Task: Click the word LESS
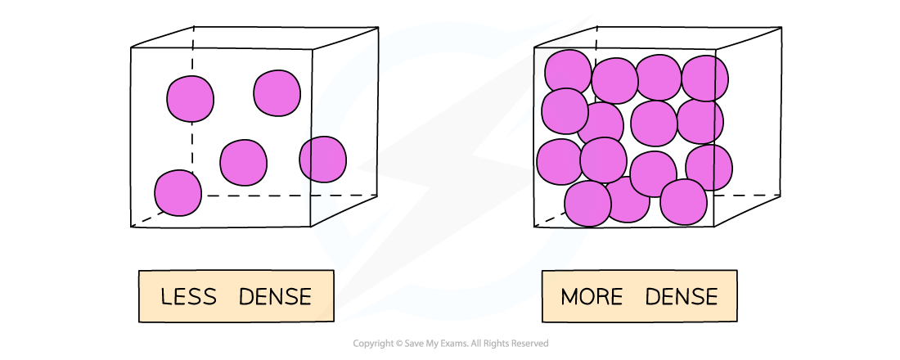pos(188,296)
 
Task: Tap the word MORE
pos(591,296)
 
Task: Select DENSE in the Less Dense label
pos(275,296)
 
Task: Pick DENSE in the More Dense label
pos(681,296)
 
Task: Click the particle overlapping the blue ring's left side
pos(322,159)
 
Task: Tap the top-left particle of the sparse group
pos(190,99)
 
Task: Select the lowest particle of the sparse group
pos(178,193)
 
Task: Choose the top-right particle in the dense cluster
pos(704,79)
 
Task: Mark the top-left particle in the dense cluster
pos(568,72)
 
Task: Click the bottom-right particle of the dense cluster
pos(683,202)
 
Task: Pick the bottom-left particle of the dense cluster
pos(587,204)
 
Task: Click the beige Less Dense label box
pos(236,296)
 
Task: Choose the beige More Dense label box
pos(639,296)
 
